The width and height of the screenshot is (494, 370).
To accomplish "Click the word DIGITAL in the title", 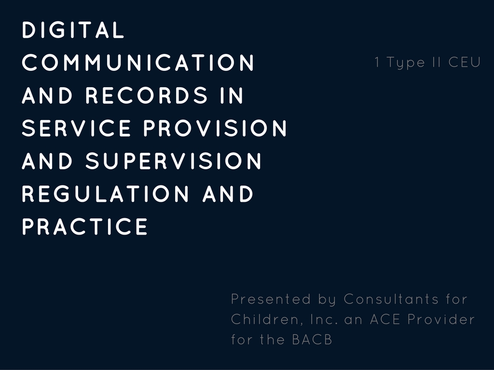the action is coord(73,30).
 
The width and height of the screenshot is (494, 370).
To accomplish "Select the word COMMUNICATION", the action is coord(138,63).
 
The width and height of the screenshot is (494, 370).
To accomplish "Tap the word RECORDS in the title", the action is coord(147,95).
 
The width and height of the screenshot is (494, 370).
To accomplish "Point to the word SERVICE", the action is coord(76,128).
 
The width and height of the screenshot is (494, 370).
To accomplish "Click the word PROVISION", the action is coord(215,128).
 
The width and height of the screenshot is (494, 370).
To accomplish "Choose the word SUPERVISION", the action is coord(174,161).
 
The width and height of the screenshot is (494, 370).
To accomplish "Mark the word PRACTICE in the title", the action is coord(85,226).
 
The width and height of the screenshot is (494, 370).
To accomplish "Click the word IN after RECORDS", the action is coord(232,95).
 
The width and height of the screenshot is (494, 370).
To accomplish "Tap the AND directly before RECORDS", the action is coord(47,95).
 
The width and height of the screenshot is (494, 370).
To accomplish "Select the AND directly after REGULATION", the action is coord(228,194).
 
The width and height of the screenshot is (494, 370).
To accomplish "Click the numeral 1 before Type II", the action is coord(377,62).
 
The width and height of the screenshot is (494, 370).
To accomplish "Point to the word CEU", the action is coord(465,62).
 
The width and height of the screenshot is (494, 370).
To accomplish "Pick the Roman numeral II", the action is coord(437,62).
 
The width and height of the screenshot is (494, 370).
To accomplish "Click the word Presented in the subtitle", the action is coord(271,299).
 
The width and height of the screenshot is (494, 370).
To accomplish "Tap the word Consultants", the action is coord(391,299).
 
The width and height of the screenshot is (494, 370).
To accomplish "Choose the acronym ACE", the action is coord(385,319).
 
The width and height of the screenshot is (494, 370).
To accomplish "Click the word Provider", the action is coord(441,319).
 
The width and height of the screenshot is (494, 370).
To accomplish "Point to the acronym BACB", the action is coord(312,340).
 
